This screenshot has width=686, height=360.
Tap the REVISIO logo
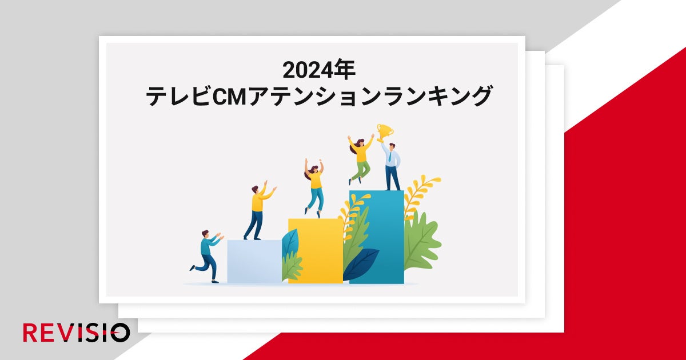pos(76,333)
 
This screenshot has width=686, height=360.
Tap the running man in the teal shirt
pos(208,256)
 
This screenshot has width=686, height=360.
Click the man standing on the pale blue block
pos(257,211)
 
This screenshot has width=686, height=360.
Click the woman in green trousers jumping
pos(360,157)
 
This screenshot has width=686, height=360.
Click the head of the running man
pos(205,235)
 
